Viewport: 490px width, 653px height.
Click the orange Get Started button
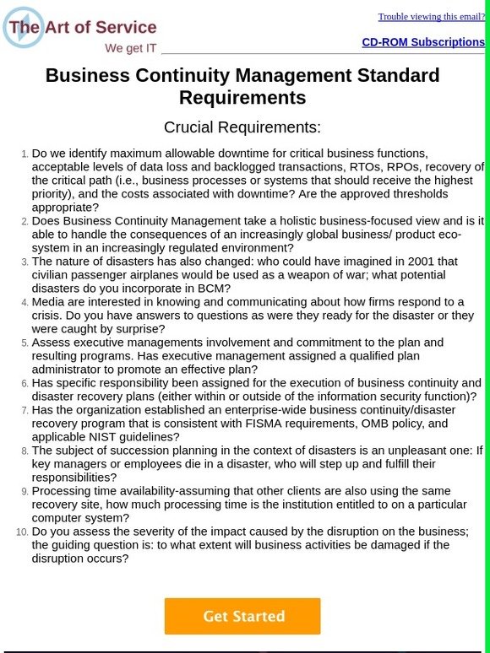(242, 616)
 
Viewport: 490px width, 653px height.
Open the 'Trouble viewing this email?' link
(431, 16)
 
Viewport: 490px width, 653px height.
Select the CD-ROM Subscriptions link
(423, 41)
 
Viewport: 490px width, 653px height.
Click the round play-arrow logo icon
(23, 28)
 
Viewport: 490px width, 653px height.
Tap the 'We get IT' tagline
(130, 48)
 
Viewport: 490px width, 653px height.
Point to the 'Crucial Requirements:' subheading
(242, 127)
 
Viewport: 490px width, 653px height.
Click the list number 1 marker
(24, 154)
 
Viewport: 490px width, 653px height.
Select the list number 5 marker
(24, 343)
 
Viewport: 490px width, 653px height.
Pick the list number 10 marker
(21, 532)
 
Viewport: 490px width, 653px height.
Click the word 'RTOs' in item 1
(318, 167)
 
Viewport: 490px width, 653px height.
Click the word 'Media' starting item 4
(49, 302)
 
